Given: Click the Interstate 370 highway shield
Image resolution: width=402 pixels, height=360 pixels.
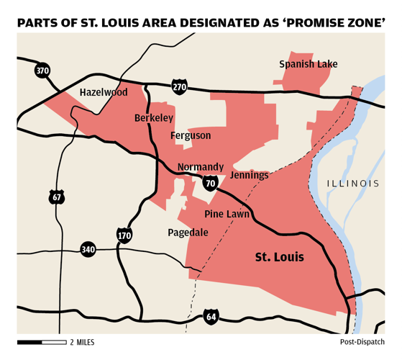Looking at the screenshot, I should [42, 71].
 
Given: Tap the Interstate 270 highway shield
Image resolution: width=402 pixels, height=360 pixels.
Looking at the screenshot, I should [179, 86].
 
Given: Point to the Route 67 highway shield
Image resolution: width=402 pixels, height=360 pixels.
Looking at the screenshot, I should [57, 196].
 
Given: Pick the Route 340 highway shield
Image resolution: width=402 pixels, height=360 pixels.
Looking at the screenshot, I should [88, 249].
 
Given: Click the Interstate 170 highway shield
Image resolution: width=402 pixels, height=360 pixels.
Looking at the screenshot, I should [124, 234].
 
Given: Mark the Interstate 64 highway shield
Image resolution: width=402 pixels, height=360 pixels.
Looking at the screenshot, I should [211, 315].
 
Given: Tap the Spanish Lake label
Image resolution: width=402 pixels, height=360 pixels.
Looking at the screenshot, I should [308, 64].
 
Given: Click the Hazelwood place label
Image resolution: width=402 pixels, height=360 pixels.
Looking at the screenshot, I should [104, 92].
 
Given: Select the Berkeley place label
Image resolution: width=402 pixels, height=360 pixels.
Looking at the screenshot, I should [153, 117].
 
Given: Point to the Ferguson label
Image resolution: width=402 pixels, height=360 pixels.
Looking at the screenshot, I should [191, 135].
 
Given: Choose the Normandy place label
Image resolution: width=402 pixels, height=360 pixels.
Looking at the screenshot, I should [201, 166].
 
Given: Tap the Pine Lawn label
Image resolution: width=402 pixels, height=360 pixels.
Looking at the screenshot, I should [227, 214].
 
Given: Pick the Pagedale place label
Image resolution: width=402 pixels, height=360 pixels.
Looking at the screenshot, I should [188, 232].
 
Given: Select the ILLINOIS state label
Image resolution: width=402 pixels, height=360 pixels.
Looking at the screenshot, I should [352, 184].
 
